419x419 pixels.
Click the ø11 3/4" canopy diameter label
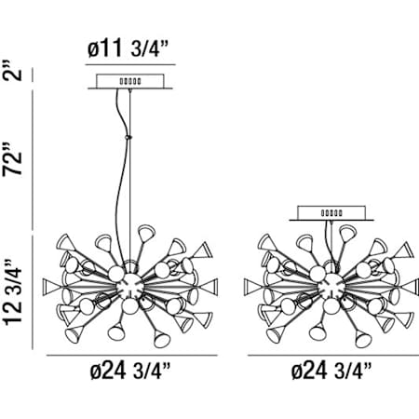click(128, 48)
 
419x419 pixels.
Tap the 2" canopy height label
click(13, 70)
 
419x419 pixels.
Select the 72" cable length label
click(13, 159)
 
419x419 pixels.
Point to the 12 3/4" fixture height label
click(13, 291)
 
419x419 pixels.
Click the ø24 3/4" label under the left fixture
click(130, 371)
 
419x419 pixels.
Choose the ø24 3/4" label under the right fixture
click(331, 371)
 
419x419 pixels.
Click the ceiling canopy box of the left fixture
click(130, 81)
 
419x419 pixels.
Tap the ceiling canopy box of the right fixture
click(331, 213)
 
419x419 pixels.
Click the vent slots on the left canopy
click(130, 81)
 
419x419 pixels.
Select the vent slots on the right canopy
click(331, 213)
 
